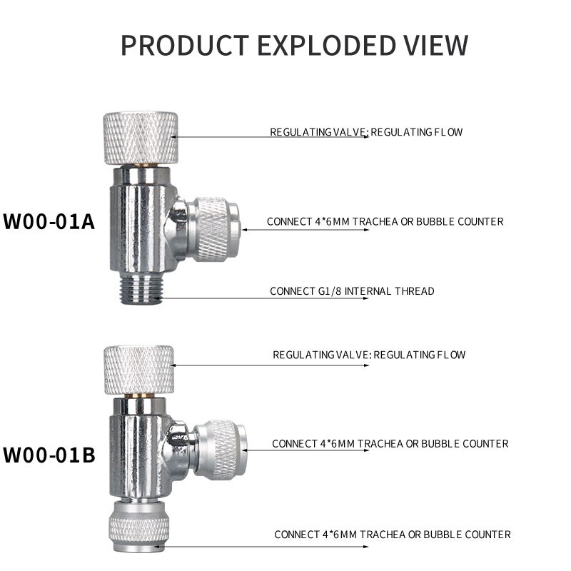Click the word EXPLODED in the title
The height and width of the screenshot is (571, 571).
click(x=326, y=45)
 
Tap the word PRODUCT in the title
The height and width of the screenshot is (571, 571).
click(x=183, y=45)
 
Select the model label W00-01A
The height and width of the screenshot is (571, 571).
click(x=49, y=221)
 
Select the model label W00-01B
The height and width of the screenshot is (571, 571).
click(x=49, y=454)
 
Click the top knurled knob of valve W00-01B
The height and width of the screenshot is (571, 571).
click(x=138, y=369)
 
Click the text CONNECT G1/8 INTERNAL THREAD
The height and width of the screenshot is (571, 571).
click(x=352, y=291)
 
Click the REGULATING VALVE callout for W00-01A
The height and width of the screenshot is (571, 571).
click(x=366, y=132)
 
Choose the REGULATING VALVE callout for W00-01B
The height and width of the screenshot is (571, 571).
click(x=369, y=355)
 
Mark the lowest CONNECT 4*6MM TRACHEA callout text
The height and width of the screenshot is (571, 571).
click(x=393, y=535)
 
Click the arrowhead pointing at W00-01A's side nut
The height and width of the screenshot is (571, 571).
click(x=246, y=230)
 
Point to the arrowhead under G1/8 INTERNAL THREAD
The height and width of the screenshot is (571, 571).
click(x=367, y=298)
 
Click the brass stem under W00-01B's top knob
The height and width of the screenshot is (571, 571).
click(x=139, y=394)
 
